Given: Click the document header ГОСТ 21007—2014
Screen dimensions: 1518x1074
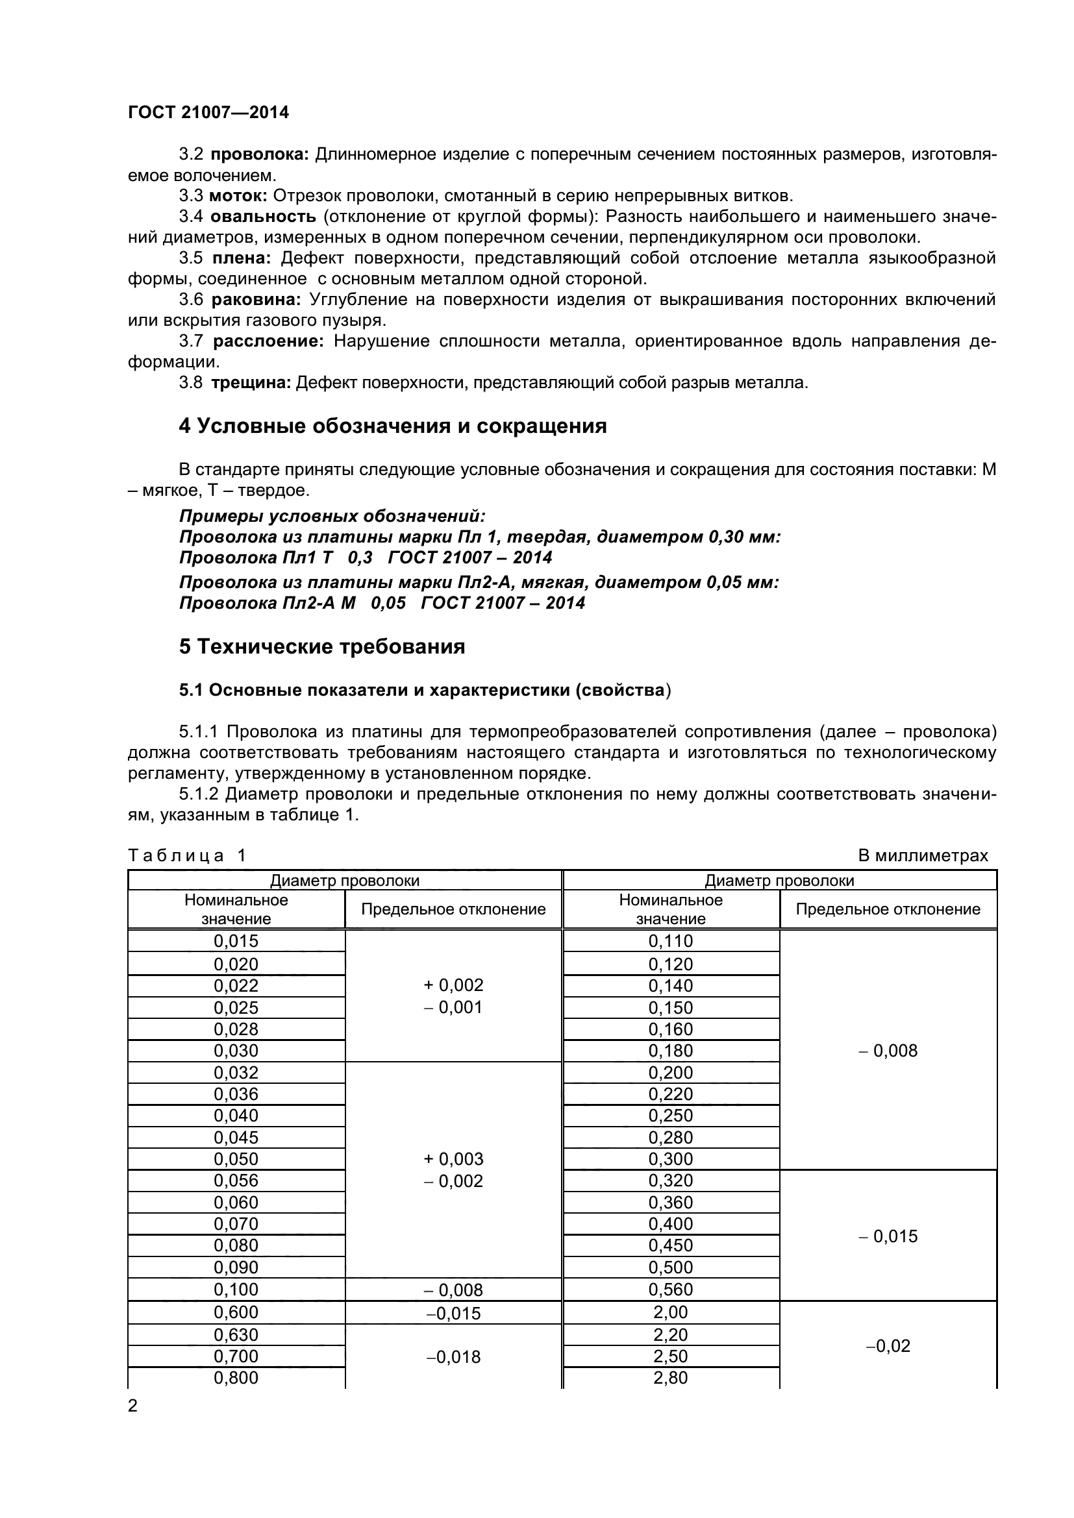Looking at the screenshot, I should (x=208, y=112).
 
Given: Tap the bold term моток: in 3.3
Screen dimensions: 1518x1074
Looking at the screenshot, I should (x=238, y=196).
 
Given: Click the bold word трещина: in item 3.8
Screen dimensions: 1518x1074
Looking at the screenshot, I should (x=251, y=383).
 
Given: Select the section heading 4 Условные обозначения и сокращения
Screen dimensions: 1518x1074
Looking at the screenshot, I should (x=393, y=426).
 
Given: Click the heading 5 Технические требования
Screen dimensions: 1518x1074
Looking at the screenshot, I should (x=322, y=646).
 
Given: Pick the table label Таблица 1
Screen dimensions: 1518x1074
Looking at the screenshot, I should (x=186, y=855).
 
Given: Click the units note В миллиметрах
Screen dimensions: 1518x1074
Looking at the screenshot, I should (x=923, y=855).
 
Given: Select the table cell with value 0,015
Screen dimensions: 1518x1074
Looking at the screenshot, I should (x=236, y=941).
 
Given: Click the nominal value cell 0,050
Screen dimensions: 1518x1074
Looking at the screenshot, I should (x=236, y=1159).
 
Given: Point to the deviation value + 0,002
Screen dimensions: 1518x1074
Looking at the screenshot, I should (x=454, y=985).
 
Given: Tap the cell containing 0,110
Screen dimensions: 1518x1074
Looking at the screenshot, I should (x=671, y=941).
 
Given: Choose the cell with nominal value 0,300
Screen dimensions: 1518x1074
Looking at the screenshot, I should (x=671, y=1159).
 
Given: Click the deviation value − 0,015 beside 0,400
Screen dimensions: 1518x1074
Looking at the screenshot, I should (x=888, y=1236).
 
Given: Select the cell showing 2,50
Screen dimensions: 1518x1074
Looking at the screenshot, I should (x=671, y=1356).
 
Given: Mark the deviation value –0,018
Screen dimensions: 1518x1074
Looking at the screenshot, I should (x=454, y=1356).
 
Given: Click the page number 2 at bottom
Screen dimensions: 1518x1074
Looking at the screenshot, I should (x=133, y=1406).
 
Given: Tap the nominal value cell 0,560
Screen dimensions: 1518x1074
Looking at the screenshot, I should (x=671, y=1290).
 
